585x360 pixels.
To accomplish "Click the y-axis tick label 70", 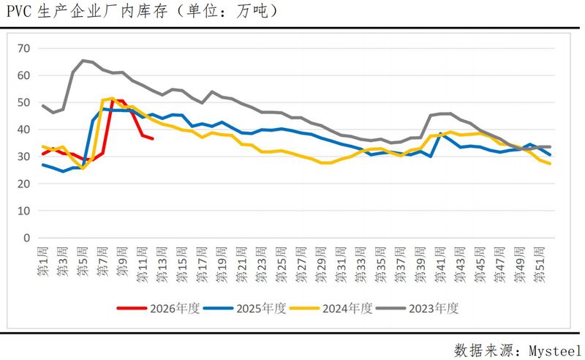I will tap(24, 48).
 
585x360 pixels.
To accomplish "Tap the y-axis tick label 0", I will tap(27, 238).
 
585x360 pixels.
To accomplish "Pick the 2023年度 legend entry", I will tap(434, 308).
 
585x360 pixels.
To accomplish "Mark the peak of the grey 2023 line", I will tap(83, 60).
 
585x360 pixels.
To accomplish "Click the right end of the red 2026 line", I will tap(152, 138).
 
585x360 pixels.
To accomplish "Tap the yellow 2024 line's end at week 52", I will tap(550, 163).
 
